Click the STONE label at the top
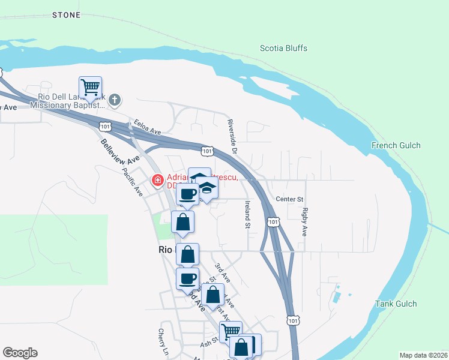tap(66, 14)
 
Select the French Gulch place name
tap(396, 145)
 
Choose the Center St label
tap(291, 199)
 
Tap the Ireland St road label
tap(247, 215)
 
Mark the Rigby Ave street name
tap(305, 221)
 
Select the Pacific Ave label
tap(132, 182)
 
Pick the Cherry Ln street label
tap(161, 340)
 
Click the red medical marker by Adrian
tap(158, 179)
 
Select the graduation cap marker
tap(206, 188)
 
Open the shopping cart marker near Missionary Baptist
tap(90, 88)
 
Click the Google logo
tap(20, 353)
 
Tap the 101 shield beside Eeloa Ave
tap(106, 127)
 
